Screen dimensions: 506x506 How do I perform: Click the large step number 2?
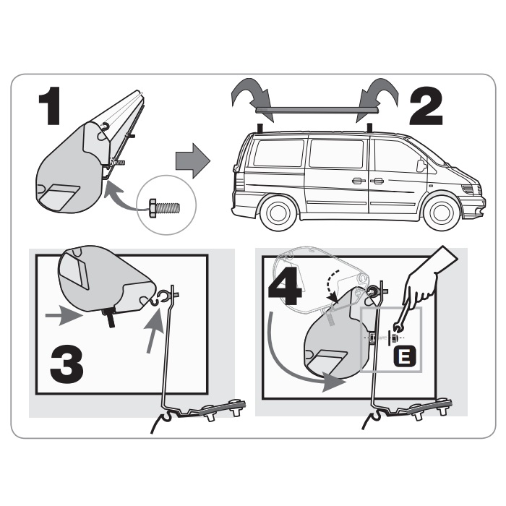click(426, 106)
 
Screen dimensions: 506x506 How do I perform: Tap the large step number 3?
click(67, 364)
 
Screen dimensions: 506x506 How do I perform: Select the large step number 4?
click(285, 286)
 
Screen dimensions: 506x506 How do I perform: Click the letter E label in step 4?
click(405, 356)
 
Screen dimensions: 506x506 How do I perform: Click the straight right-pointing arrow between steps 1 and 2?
click(193, 160)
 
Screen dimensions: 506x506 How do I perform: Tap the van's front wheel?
click(442, 212)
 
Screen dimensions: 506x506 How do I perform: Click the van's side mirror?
click(421, 166)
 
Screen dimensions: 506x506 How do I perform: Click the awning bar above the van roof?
click(317, 111)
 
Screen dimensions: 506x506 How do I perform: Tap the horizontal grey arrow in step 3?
click(64, 315)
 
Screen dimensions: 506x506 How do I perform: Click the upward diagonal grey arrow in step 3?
click(154, 330)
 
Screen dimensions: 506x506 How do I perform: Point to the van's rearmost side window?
click(279, 153)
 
